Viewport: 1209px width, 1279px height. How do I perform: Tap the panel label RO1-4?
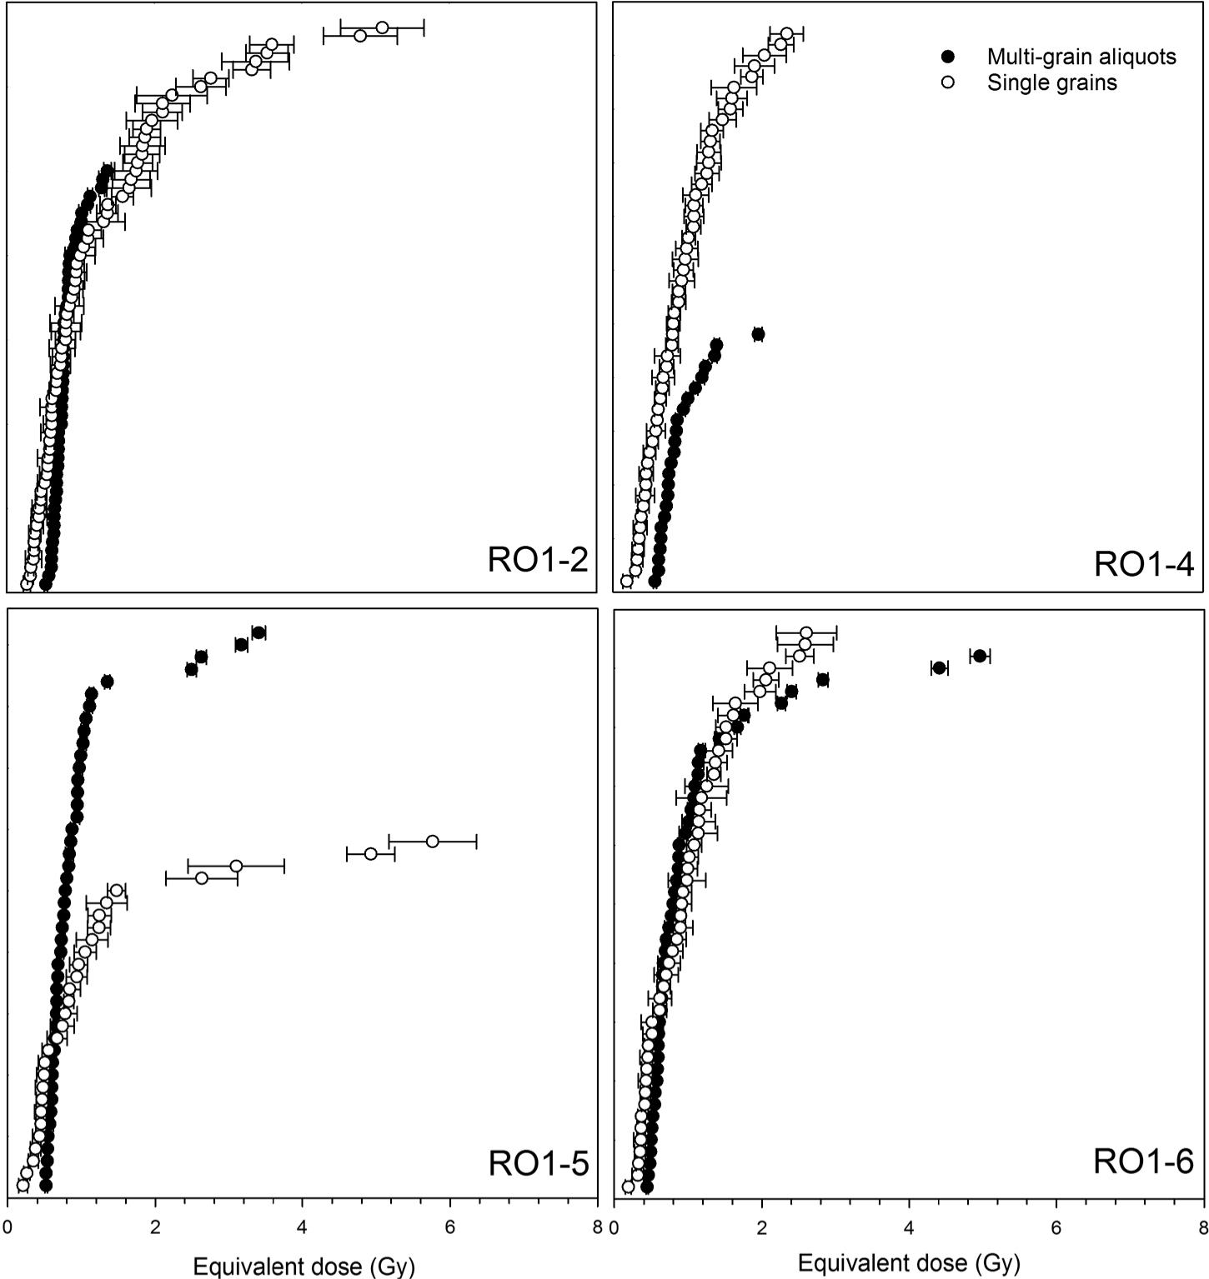[x=1143, y=564]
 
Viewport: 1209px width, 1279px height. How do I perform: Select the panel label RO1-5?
[x=538, y=1163]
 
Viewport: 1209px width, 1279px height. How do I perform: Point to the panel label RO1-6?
[x=1143, y=1161]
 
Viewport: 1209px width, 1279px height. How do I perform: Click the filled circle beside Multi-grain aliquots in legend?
[x=947, y=57]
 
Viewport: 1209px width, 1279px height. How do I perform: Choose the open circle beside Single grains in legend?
[x=947, y=82]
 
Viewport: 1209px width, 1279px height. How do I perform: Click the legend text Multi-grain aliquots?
[x=1081, y=57]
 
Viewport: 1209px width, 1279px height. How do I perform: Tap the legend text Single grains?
[x=1051, y=82]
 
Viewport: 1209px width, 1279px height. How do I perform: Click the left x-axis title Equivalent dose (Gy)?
[x=304, y=1267]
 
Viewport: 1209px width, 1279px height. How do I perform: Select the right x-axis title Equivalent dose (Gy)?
[x=909, y=1263]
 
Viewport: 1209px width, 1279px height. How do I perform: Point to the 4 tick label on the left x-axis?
[x=303, y=1227]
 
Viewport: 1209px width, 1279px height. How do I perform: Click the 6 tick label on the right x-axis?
[x=1056, y=1227]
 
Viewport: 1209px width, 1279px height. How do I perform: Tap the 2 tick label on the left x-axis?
[x=155, y=1227]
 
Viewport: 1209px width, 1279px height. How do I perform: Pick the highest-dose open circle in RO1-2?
[x=383, y=28]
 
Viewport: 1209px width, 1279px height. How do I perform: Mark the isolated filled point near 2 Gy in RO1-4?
[x=758, y=334]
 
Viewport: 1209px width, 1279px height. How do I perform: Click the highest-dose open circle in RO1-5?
[x=432, y=842]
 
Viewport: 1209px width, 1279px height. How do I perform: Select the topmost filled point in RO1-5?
[x=258, y=632]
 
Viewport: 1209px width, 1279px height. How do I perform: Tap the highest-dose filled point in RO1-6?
[x=980, y=656]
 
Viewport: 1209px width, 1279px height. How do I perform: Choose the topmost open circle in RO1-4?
[x=786, y=33]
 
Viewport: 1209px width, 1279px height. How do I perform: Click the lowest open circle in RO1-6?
[x=628, y=1187]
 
